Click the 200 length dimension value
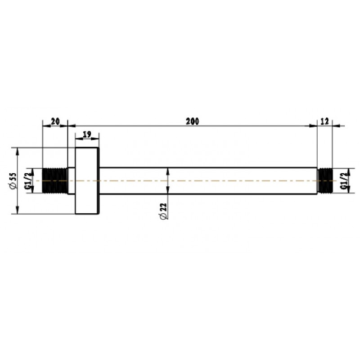[x=193, y=121]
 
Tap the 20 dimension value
[x=55, y=121]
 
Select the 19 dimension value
[x=87, y=134]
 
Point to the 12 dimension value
[x=324, y=121]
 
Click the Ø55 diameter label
[x=13, y=181]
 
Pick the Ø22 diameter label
[x=163, y=211]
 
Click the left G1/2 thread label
[x=28, y=181]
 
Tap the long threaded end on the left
[x=55, y=181]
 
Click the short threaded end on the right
[x=325, y=181]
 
